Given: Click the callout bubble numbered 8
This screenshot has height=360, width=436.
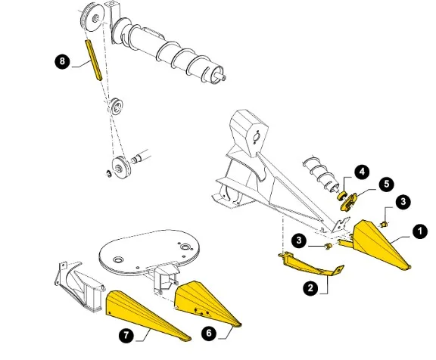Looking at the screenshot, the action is (62, 61).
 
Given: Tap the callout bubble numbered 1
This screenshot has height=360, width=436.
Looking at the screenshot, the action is (420, 231).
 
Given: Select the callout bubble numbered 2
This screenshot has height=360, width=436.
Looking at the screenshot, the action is (311, 288).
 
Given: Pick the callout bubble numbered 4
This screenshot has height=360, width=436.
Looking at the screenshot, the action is (362, 172).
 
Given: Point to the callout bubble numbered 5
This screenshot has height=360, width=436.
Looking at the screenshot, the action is (387, 184).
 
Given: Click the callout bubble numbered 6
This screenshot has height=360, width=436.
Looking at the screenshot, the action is (209, 333).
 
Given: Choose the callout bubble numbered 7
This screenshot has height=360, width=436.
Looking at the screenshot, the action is (126, 335).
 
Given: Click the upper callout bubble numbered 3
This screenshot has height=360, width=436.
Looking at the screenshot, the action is (403, 201).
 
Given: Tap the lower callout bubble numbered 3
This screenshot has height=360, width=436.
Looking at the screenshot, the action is (299, 241).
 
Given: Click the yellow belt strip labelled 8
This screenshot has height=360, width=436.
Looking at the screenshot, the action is (93, 61).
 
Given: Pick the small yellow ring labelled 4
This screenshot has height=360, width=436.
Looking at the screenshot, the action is (341, 196).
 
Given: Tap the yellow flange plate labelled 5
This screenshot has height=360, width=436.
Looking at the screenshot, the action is (349, 202).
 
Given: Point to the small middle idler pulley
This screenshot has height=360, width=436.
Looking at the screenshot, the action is (117, 106).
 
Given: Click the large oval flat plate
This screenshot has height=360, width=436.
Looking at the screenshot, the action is (150, 251).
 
